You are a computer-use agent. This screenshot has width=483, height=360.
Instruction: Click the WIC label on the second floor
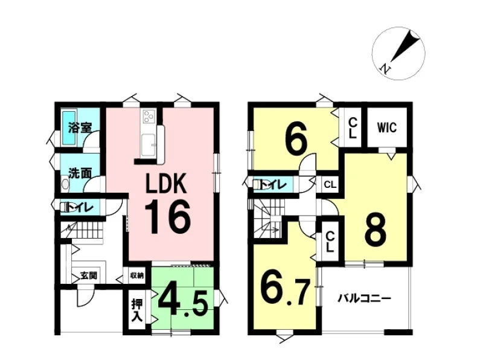pos(387,127)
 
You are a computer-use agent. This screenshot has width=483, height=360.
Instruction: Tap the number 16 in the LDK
pos(167,217)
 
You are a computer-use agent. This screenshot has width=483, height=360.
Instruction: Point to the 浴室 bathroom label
pos(80,127)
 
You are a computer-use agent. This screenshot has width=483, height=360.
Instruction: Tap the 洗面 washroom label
pos(80,173)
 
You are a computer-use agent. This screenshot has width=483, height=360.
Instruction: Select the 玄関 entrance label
pos(89,275)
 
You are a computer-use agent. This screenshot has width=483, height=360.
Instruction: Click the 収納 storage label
pos(137,275)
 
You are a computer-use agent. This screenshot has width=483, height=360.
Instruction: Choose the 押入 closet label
pos(137,310)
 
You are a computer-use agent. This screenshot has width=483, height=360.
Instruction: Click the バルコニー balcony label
pos(365,298)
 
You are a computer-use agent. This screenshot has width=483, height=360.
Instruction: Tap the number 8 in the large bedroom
pos(375,230)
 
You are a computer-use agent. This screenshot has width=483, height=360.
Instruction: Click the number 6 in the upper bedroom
pos(296,141)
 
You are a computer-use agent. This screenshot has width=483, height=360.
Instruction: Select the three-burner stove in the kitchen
pos(149,117)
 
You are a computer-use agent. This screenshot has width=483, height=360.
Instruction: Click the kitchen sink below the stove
pos(149,144)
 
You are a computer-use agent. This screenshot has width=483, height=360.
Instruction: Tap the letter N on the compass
pos(385,68)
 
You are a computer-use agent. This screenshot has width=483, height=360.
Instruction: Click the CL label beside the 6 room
pos(353,128)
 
